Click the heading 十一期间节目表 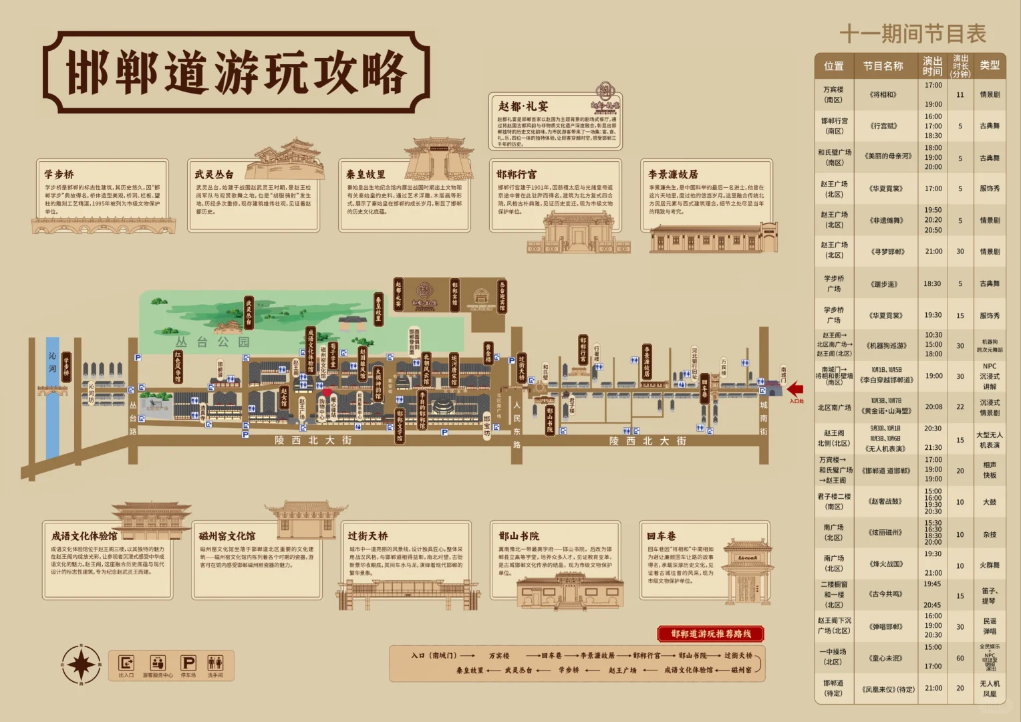coord(912,33)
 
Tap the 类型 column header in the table coord(990,66)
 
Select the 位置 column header coord(833,66)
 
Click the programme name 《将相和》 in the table coord(883,95)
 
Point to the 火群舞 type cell coord(990,566)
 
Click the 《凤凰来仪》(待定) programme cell coord(887,689)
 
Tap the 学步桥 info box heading coord(59,174)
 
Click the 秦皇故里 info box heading coord(366,174)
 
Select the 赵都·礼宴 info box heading coord(523,106)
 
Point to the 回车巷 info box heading coord(662,536)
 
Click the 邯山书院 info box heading coord(519,536)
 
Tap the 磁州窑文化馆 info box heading coord(227,536)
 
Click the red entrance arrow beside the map coord(795,389)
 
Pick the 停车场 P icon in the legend coord(188,663)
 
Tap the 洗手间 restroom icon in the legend coord(215,663)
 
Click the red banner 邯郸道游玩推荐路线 coord(711,634)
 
